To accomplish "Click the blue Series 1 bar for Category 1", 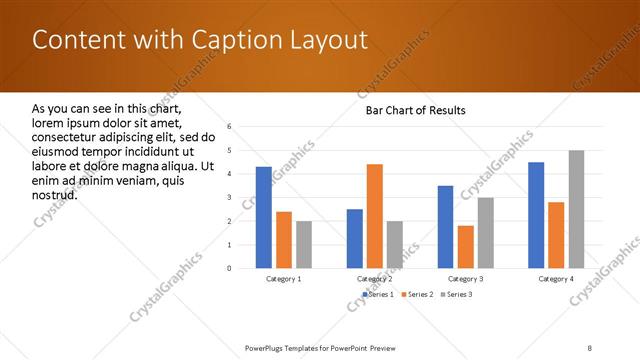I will tap(263, 217).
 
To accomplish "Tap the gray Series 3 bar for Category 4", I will tap(577, 209).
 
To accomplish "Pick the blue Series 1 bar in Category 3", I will tap(445, 227).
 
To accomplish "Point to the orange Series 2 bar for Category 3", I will tap(465, 247).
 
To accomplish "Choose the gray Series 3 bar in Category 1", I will tap(304, 245).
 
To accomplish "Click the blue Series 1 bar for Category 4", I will tap(536, 215).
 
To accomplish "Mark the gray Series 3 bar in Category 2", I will tap(395, 245).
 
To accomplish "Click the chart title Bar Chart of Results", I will tap(415, 110).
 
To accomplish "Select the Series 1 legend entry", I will tap(376, 295).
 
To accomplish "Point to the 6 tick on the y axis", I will tap(229, 127).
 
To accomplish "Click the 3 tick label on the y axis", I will tap(229, 198).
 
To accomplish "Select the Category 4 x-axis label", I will tap(557, 279).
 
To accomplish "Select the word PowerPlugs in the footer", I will tap(268, 347).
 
